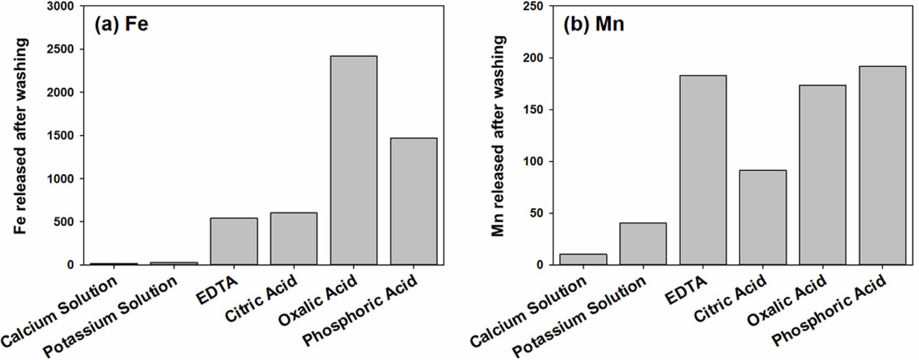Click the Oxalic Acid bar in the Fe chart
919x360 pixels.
[x=353, y=160]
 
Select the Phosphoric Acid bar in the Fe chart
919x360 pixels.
[x=414, y=201]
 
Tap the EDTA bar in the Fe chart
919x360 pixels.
[x=234, y=241]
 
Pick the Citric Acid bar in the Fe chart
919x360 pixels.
[x=294, y=239]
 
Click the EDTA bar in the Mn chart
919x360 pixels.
[x=703, y=170]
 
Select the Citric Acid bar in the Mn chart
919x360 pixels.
[x=763, y=217]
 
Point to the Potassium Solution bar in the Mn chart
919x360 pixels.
[x=643, y=244]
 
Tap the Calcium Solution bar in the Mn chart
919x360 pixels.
[x=583, y=259]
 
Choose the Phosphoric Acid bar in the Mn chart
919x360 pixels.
[x=882, y=165]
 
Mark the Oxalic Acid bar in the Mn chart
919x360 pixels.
[x=823, y=175]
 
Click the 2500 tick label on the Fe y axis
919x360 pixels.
[x=60, y=49]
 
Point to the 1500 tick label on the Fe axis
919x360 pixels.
[x=60, y=136]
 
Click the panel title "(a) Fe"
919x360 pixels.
[x=121, y=24]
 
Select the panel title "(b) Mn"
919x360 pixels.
[x=594, y=24]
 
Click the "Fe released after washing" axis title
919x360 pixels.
[x=20, y=136]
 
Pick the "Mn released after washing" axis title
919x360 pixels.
[x=498, y=136]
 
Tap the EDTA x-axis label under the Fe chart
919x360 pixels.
[x=217, y=290]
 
